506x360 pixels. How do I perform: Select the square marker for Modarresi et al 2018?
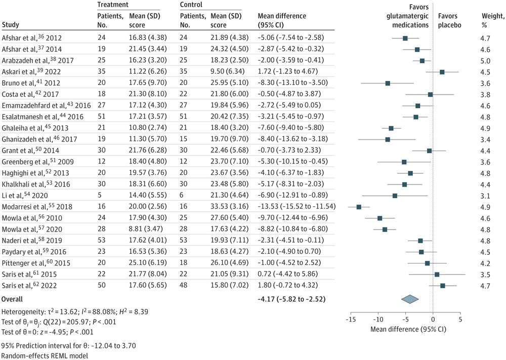(359, 207)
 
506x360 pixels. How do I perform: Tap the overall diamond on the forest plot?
(410, 299)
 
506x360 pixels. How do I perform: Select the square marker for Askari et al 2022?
(442, 72)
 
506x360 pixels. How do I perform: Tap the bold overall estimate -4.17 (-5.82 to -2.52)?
(291, 299)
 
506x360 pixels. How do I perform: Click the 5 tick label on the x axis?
(460, 320)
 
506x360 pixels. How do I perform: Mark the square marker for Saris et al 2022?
(443, 286)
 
